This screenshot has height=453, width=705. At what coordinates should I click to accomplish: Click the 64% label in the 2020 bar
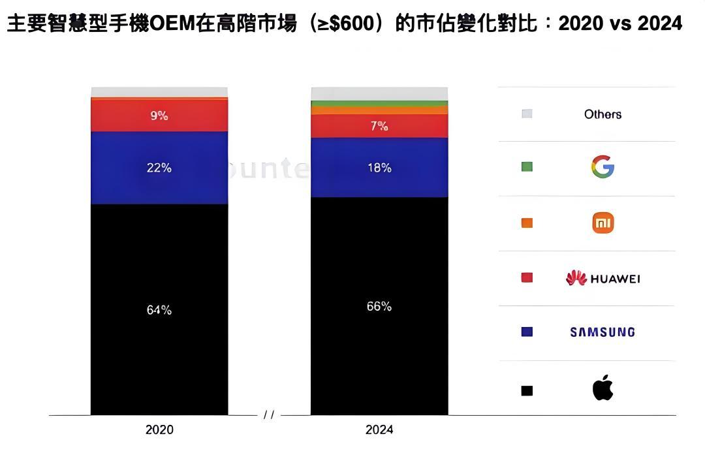tap(159, 310)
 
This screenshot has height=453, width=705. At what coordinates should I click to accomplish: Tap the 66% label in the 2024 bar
tap(379, 306)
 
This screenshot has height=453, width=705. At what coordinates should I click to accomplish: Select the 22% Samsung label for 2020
tap(159, 168)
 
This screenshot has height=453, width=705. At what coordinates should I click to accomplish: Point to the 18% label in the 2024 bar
tap(379, 168)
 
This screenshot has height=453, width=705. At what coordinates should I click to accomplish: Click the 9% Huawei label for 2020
tap(159, 116)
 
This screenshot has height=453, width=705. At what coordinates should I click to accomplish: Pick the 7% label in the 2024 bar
tap(379, 126)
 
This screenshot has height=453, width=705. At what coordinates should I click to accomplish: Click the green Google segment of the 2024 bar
tap(379, 103)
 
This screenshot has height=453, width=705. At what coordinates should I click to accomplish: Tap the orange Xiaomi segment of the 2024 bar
tap(379, 110)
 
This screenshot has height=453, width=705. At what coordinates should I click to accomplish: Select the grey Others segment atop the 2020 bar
tap(159, 92)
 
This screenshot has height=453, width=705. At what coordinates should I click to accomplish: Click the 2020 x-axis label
tap(159, 430)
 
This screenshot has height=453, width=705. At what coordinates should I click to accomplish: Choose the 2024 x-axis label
tap(379, 430)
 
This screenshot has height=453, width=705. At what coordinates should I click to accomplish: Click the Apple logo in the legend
tap(603, 388)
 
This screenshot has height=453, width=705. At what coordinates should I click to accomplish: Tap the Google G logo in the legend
tap(603, 167)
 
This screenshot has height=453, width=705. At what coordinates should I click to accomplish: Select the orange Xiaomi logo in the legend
tap(603, 223)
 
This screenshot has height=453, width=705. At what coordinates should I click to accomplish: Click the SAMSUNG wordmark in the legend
tap(603, 332)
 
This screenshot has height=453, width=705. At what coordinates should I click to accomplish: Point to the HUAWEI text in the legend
tap(615, 279)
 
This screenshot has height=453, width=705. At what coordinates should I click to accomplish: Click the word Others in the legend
tap(603, 114)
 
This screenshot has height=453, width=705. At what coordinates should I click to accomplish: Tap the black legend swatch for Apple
tap(527, 391)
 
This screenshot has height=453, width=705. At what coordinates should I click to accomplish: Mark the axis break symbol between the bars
tap(269, 415)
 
